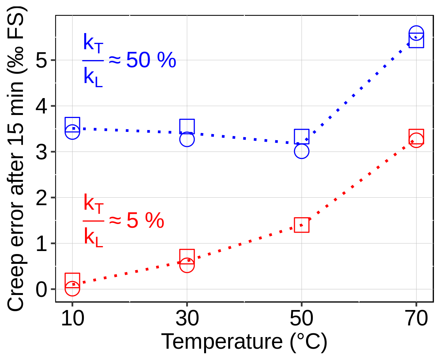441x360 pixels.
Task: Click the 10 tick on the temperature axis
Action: pyautogui.click(x=72, y=319)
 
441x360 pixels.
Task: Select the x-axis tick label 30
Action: pyautogui.click(x=187, y=319)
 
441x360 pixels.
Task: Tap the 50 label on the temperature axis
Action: pyautogui.click(x=302, y=319)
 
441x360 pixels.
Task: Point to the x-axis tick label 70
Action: pyautogui.click(x=416, y=319)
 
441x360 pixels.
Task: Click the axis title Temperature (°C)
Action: pyautogui.click(x=244, y=342)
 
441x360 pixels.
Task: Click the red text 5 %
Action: pyautogui.click(x=145, y=221)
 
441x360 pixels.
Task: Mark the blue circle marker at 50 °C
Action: pyautogui.click(x=302, y=151)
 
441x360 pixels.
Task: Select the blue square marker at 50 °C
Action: pyautogui.click(x=302, y=136)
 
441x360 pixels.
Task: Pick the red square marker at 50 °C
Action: pyautogui.click(x=302, y=225)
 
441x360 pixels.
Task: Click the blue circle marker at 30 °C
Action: pyautogui.click(x=187, y=139)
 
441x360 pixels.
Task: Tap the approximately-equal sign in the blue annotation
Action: pyautogui.click(x=115, y=60)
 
